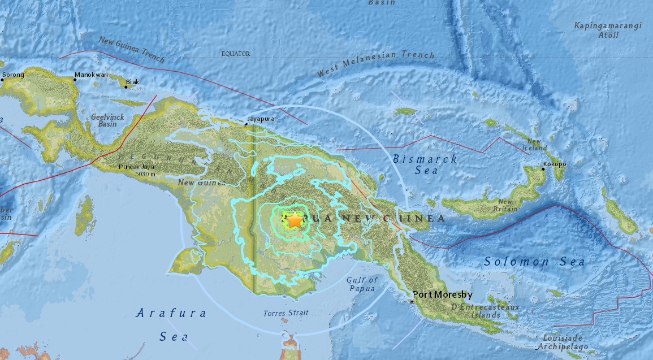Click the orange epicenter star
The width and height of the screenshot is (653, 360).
pyautogui.click(x=295, y=220)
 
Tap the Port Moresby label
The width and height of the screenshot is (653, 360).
pyautogui.click(x=442, y=294)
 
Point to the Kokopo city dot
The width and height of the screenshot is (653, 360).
pyautogui.click(x=543, y=169)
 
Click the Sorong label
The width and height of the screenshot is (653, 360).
pyautogui.click(x=14, y=75)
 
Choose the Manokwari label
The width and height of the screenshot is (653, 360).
pyautogui.click(x=90, y=75)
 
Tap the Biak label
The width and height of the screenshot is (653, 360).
pyautogui.click(x=132, y=82)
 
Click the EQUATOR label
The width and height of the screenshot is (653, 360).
pyautogui.click(x=235, y=54)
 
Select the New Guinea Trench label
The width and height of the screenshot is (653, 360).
pyautogui.click(x=131, y=49)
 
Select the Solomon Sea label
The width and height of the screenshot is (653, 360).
pyautogui.click(x=535, y=262)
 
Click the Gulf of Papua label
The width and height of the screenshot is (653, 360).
pyautogui.click(x=362, y=285)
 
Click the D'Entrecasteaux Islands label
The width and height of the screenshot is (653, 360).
pyautogui.click(x=478, y=311)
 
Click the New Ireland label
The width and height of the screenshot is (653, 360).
pyautogui.click(x=536, y=144)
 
